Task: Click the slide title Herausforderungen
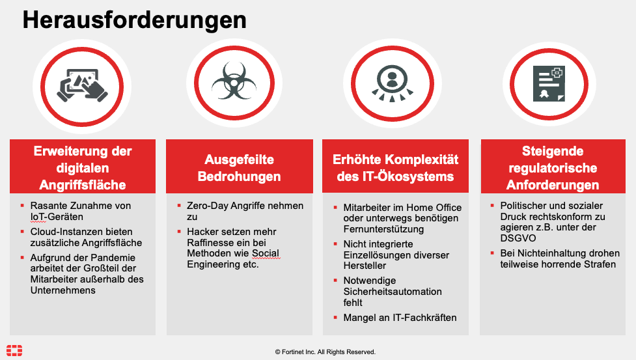point(134,20)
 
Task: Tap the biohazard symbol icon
point(234,81)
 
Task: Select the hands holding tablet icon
point(82,85)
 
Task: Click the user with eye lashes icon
point(393,83)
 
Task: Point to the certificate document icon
point(549,83)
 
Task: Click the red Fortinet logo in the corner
point(14,350)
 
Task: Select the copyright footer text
point(325,352)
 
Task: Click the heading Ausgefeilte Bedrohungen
point(240,168)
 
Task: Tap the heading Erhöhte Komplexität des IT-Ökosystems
point(396,168)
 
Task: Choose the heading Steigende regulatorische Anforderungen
point(553,168)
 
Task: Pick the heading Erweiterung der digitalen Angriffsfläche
point(83,168)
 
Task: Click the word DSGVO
point(518,238)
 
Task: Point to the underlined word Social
point(265,253)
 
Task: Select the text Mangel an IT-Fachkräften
point(400,318)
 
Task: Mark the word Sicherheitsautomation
point(393,292)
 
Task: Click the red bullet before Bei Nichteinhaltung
point(492,253)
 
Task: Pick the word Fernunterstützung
point(383,229)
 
